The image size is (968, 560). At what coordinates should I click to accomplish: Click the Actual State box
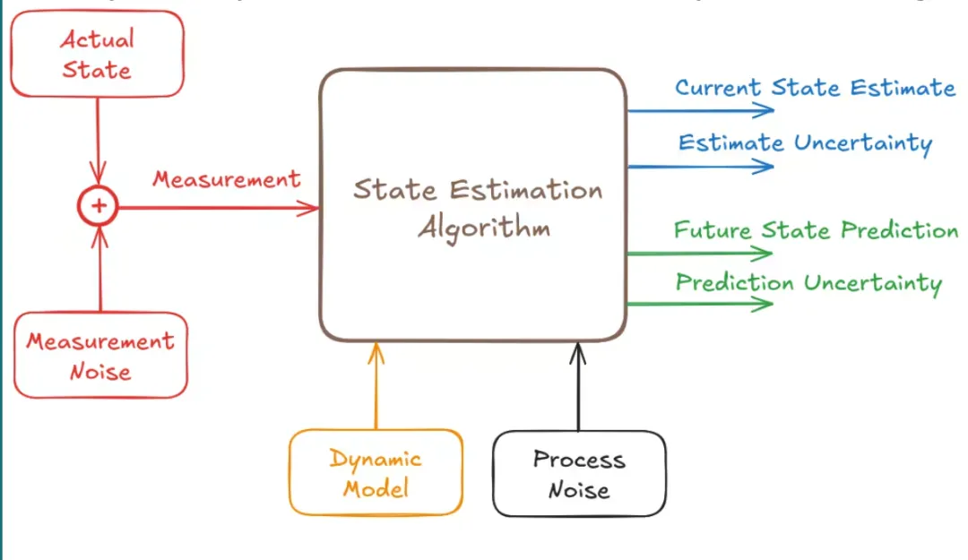98,54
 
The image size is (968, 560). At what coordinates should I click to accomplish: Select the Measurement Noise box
100,356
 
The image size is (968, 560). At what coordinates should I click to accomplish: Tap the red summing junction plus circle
99,207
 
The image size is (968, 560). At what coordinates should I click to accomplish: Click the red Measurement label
226,179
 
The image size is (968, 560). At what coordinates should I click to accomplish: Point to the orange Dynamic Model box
376,473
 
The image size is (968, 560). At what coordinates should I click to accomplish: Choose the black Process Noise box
579,474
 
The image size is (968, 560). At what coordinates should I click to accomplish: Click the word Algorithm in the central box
484,228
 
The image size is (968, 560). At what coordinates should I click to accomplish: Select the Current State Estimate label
815,88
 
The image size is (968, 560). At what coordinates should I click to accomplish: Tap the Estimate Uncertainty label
805,143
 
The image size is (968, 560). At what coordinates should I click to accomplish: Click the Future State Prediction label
816,230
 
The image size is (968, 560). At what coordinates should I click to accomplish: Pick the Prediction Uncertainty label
808,283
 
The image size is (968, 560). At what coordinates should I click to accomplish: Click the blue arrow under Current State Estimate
699,110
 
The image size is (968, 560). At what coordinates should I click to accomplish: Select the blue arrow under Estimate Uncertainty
699,166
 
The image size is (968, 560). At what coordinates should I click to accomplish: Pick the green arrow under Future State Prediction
699,254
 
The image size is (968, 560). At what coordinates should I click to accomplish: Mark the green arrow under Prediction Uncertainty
699,305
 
